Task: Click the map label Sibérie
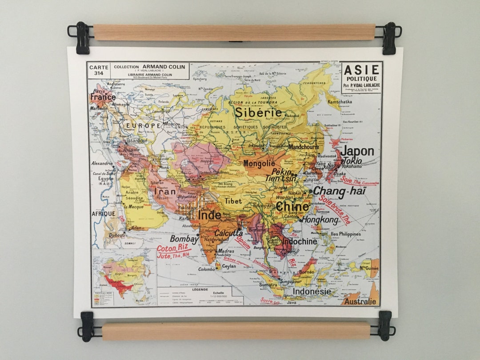point(258,112)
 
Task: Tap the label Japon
point(357,151)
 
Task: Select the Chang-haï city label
point(340,192)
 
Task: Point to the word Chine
point(292,207)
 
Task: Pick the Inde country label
point(209,215)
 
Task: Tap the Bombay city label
point(184,239)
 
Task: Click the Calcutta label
point(228,233)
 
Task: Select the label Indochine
point(299,241)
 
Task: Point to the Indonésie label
point(312,292)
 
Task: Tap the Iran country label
point(165,192)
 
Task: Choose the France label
point(103,96)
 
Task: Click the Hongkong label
point(320,220)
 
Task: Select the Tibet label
point(233,201)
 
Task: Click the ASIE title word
point(362,70)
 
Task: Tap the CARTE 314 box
point(99,71)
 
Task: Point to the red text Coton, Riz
point(172,248)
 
